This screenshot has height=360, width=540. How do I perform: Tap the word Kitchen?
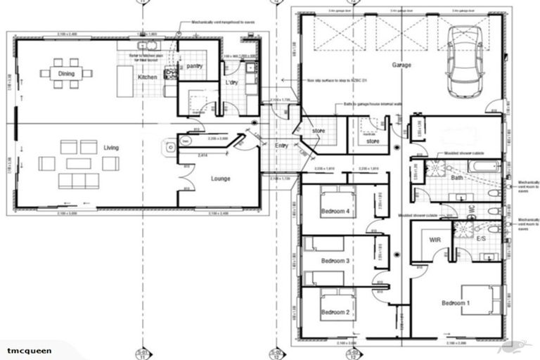[x=148, y=77]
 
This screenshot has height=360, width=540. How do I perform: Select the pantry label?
[x=195, y=66]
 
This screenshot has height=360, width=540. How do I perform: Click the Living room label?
[x=111, y=148]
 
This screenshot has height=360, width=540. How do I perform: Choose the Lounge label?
[x=221, y=179]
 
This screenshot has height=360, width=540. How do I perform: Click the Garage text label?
[x=402, y=65]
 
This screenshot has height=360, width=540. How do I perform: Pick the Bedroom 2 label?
[x=335, y=312]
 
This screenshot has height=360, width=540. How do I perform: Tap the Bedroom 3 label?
[x=335, y=261]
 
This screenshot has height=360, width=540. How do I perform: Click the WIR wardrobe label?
[x=435, y=240]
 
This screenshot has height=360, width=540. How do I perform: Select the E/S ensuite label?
[x=482, y=240]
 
